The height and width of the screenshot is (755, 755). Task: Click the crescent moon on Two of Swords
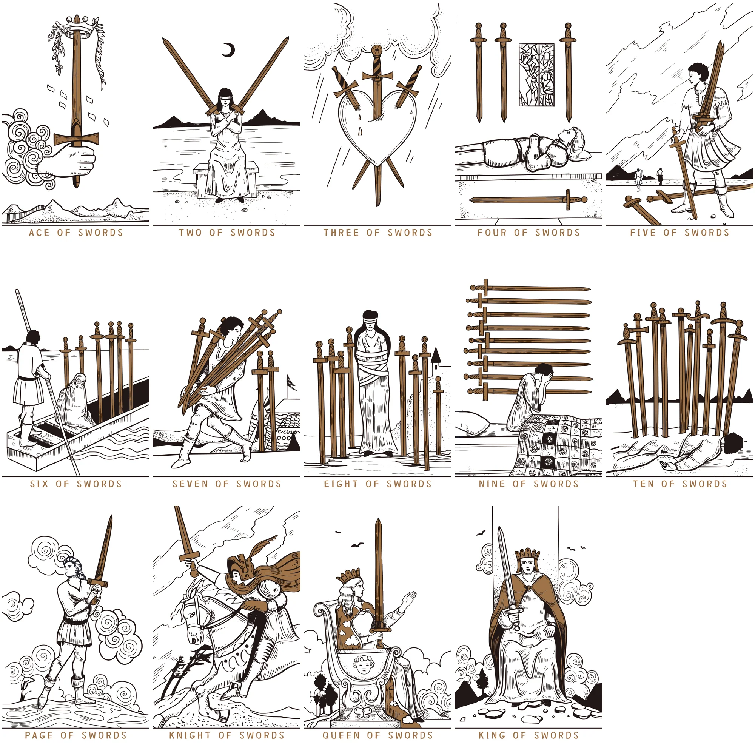(x=230, y=50)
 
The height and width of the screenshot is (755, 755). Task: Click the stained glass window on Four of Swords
(x=536, y=75)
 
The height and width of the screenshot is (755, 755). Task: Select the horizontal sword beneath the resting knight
(x=528, y=200)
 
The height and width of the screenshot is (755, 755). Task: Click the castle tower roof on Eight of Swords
(x=436, y=355)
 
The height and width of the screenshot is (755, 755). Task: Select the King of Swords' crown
(x=528, y=555)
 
